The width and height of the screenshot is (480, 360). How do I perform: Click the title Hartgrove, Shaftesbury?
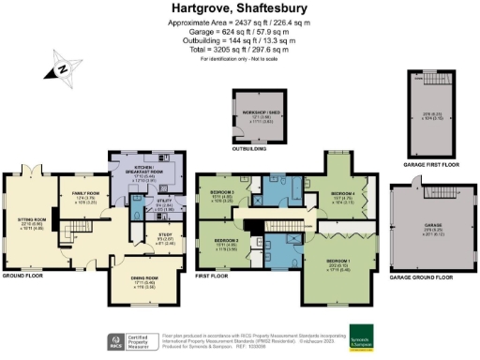(240, 8)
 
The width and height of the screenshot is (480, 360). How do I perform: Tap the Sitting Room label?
(32, 223)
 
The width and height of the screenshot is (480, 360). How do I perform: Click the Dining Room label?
(136, 279)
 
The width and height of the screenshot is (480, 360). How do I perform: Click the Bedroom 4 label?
(343, 196)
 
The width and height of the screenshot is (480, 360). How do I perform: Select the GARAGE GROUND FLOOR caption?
(421, 277)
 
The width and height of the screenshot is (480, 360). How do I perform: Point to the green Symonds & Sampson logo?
(362, 337)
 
